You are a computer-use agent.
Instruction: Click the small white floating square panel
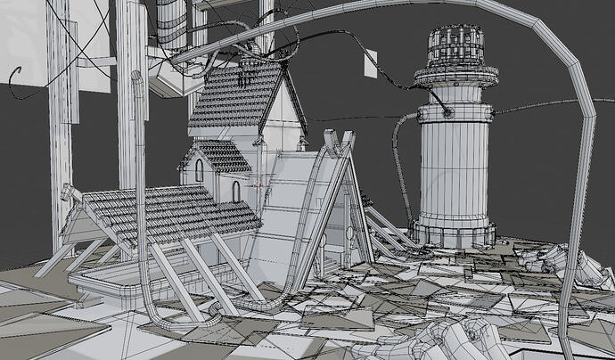tap(368, 61)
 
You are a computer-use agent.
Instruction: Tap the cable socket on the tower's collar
tap(448, 111)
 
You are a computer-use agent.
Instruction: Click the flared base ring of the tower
tap(455, 234)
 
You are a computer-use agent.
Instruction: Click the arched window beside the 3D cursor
tap(236, 191)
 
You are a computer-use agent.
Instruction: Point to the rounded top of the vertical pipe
tap(137, 78)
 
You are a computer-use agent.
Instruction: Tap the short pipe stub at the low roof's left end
tap(67, 192)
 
